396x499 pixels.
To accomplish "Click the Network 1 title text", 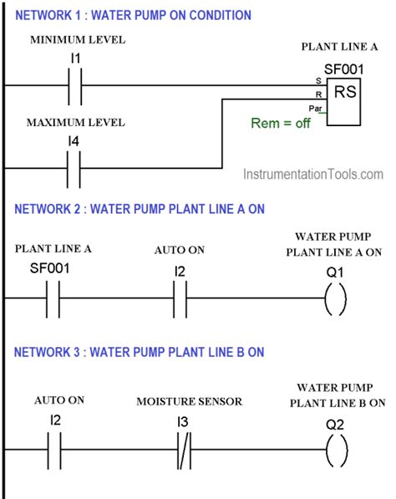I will point(133,14).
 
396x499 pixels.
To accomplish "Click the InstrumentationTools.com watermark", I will point(313,175).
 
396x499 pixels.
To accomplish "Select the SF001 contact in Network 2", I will point(52,298).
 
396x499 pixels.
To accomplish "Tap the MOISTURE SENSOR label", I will point(189,402).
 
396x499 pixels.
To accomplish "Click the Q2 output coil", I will point(334,452).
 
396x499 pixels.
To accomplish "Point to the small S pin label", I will point(317,81).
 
